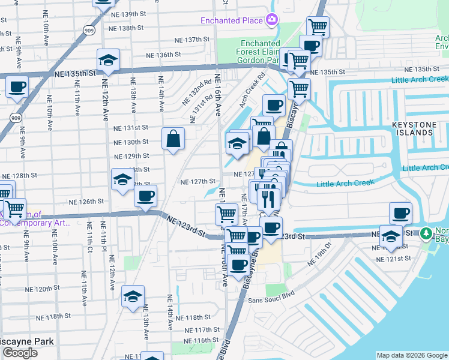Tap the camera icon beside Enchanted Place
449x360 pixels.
(x=272, y=20)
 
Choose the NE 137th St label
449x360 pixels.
(x=191, y=40)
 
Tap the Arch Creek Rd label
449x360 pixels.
(x=252, y=91)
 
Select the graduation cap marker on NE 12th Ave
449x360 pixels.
(x=109, y=61)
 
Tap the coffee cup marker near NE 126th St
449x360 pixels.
(x=145, y=196)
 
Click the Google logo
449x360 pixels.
(x=20, y=353)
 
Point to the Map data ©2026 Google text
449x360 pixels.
(x=411, y=355)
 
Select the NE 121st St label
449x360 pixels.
(x=394, y=259)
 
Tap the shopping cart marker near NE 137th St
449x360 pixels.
(x=318, y=26)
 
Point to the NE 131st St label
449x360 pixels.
(x=131, y=128)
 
